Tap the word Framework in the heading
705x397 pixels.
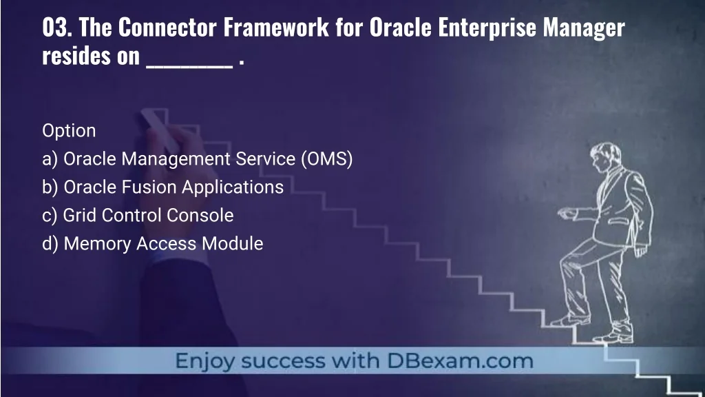276,28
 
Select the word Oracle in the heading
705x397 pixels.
401,28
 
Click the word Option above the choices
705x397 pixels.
69,131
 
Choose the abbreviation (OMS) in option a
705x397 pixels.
327,159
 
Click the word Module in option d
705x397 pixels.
233,243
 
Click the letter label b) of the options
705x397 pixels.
50,187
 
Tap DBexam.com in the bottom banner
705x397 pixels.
460,361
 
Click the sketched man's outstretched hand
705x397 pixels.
567,213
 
